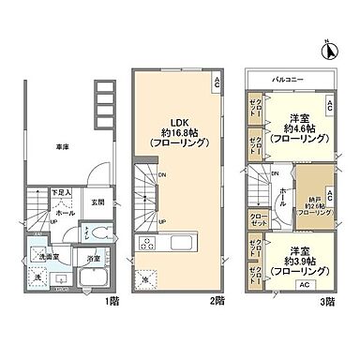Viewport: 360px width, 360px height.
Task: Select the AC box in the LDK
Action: click(x=217, y=81)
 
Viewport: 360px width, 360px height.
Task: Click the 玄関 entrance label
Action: click(x=97, y=201)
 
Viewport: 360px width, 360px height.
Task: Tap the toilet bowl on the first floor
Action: click(x=91, y=233)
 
